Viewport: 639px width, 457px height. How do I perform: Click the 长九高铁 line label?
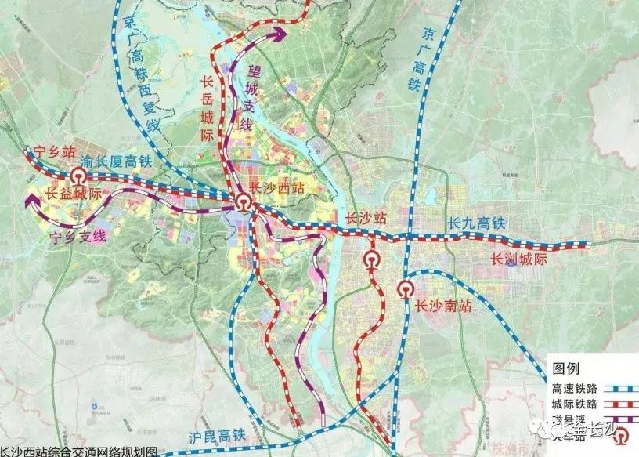477,223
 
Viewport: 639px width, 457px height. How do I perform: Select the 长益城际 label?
74,193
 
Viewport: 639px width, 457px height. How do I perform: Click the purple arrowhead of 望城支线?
280,33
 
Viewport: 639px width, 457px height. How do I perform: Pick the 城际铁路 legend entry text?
576,404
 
